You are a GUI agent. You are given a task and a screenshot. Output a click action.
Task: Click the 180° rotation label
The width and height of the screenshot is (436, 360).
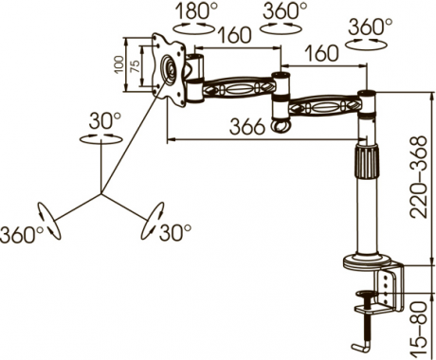tap(196, 10)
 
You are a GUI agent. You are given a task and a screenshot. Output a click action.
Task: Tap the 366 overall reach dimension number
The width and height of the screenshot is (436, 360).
tap(246, 127)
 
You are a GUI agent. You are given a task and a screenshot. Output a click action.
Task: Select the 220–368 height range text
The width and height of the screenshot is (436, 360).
tap(418, 177)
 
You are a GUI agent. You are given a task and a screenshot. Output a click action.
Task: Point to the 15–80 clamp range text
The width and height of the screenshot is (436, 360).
tap(418, 329)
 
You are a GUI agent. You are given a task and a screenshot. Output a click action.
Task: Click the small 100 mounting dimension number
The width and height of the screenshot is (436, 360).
tap(118, 64)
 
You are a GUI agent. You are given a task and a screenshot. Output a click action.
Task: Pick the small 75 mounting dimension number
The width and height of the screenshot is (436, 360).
tap(135, 66)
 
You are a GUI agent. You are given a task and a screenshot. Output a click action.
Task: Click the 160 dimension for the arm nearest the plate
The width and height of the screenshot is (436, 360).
tap(234, 35)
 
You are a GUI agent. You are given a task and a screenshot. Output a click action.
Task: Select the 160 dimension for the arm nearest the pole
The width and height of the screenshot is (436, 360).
tap(321, 53)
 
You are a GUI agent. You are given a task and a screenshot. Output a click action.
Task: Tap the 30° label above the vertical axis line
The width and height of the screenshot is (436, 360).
tap(104, 120)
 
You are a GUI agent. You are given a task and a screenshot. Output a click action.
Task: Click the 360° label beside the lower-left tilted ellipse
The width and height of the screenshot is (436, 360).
tap(22, 234)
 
